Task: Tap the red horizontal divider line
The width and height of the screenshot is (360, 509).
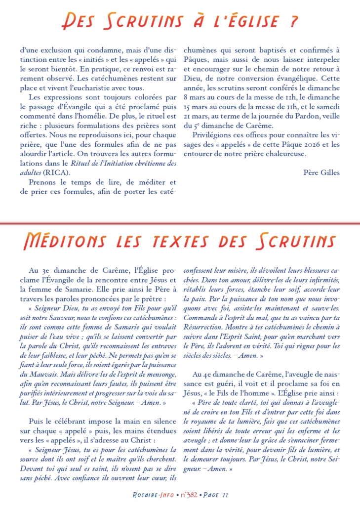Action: (x=180, y=224)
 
